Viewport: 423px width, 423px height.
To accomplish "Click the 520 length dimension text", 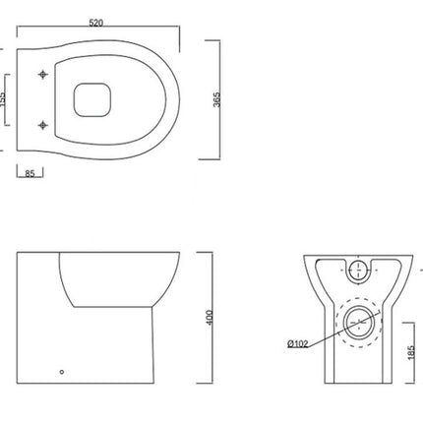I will point(96,21).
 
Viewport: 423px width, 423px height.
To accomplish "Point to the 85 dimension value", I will point(30,175).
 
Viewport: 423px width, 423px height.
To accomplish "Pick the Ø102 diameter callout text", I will point(298,343).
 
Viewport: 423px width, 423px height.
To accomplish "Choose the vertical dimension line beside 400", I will point(215,319).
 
